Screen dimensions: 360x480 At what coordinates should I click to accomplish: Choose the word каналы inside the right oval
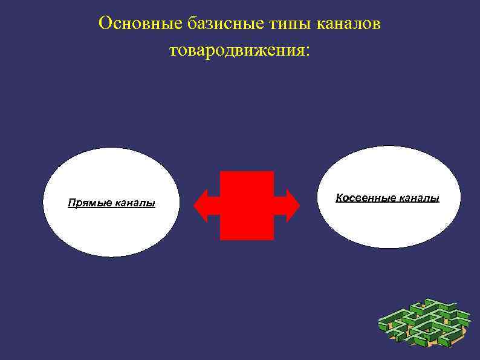(x=418, y=198)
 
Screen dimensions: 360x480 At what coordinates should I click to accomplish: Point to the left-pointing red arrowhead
(x=201, y=206)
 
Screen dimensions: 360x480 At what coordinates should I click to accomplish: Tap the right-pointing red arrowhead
(x=292, y=206)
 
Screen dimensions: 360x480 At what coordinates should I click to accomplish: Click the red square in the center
(x=247, y=206)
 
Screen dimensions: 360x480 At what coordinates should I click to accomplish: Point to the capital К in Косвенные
(x=339, y=198)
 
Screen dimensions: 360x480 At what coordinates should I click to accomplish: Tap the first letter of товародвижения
(x=174, y=51)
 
